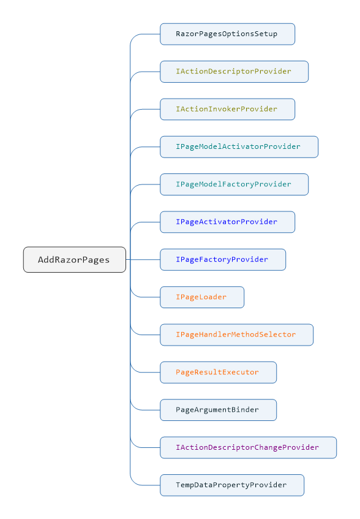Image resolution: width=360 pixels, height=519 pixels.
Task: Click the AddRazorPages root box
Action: [75, 260]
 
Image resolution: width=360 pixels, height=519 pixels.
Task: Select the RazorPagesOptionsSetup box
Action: [227, 34]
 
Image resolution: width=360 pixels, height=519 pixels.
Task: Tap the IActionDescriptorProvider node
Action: [234, 72]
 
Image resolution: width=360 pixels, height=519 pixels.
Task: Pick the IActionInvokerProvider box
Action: [227, 109]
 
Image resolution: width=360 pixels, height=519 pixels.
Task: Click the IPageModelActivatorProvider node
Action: [239, 146]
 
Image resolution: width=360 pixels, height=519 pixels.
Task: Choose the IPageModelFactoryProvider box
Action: [234, 184]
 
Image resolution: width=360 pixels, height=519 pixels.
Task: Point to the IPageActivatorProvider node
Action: [227, 222]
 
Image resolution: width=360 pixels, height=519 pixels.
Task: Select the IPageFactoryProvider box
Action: [223, 260]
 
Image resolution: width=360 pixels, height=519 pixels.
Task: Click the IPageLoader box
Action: [202, 297]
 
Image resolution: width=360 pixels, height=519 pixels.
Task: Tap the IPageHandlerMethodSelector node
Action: [237, 335]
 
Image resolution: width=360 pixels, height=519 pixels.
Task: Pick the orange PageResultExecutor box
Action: [218, 373]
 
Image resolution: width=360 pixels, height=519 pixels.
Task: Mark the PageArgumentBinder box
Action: [218, 410]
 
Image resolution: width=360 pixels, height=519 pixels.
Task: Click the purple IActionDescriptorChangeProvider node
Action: [248, 447]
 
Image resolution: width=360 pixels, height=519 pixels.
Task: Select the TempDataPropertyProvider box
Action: [232, 485]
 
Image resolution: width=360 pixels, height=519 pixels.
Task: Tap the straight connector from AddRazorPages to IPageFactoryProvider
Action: [143, 260]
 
